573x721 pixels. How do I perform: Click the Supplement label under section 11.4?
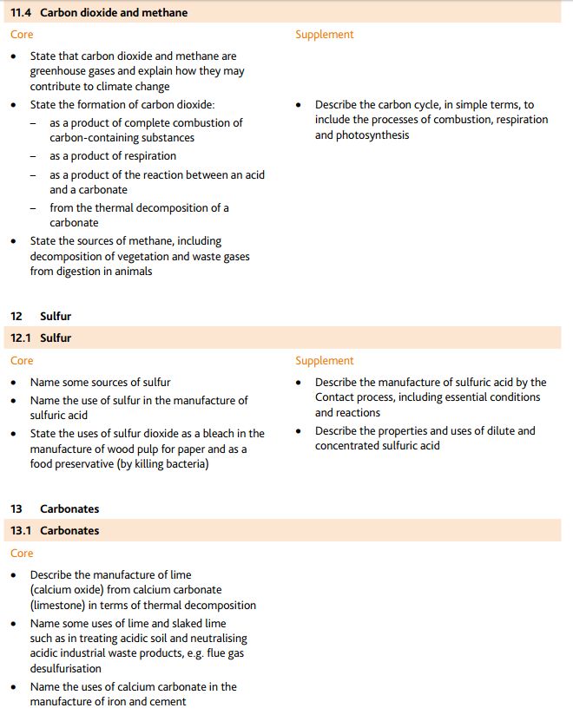point(324,35)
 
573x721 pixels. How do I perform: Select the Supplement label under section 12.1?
point(324,361)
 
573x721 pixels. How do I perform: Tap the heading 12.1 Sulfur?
point(41,338)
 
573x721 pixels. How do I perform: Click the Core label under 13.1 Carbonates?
point(22,554)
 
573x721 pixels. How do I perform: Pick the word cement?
point(168,702)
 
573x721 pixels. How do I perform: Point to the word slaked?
point(181,623)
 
